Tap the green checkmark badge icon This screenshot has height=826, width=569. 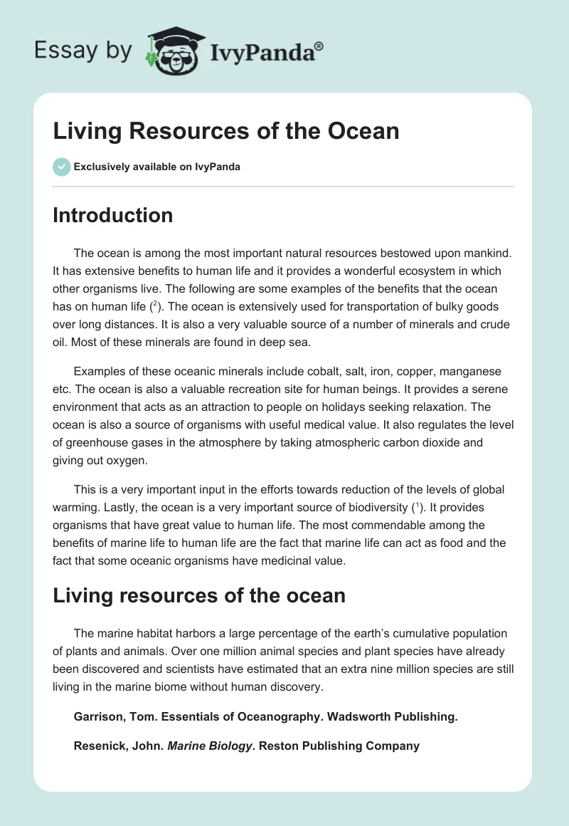(x=61, y=167)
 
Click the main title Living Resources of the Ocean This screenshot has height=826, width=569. (x=225, y=131)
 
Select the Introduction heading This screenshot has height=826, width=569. (x=112, y=215)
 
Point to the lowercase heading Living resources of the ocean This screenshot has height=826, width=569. (x=199, y=595)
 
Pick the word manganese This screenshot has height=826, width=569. (x=469, y=372)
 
